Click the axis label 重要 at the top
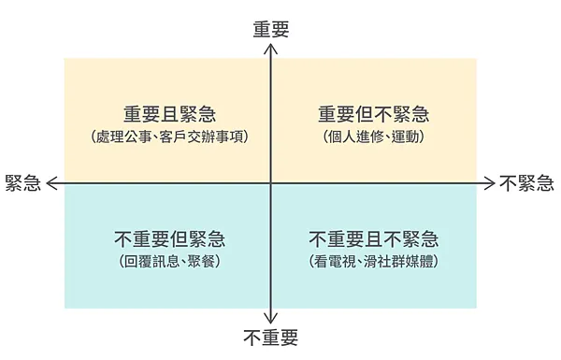tap(270, 29)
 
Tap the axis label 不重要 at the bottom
tap(270, 337)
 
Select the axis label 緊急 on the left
tap(22, 182)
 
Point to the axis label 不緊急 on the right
tap(525, 182)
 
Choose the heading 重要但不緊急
tap(373, 115)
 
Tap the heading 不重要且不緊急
tap(373, 239)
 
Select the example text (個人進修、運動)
tap(373, 137)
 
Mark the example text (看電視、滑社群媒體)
tap(373, 262)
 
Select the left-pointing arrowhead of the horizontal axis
tap(51, 182)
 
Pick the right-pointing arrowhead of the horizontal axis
tap(489, 182)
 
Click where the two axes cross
tap(270, 182)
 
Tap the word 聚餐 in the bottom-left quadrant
tap(202, 262)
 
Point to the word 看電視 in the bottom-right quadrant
tap(333, 262)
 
